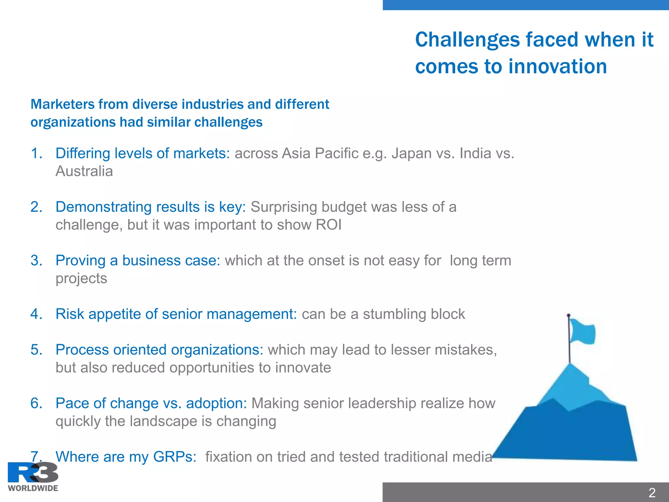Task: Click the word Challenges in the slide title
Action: (467, 40)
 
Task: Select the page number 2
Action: (652, 493)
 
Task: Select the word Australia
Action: (84, 171)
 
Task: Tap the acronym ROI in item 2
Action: (329, 225)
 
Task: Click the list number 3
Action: (36, 260)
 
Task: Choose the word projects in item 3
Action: (81, 278)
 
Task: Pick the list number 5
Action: (36, 350)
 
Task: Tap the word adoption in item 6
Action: (216, 403)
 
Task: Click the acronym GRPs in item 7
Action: (174, 457)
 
